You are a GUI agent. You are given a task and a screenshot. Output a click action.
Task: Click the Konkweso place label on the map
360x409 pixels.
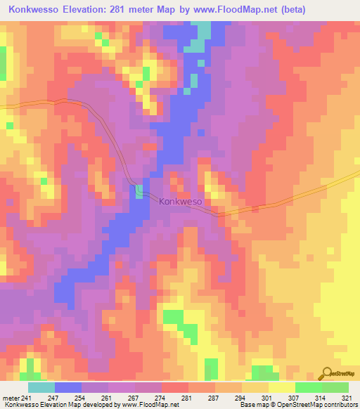pyautogui.click(x=181, y=202)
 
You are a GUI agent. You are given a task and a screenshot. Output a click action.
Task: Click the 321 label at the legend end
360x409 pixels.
pyautogui.click(x=347, y=397)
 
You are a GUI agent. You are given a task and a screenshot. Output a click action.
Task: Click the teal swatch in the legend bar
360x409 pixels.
pyautogui.click(x=41, y=387)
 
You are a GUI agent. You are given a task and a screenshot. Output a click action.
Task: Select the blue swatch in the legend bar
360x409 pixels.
pyautogui.click(x=67, y=387)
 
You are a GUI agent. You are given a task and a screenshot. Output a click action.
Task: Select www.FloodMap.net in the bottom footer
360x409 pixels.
pyautogui.click(x=150, y=405)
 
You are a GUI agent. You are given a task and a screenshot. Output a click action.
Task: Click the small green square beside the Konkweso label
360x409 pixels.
pyautogui.click(x=139, y=191)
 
